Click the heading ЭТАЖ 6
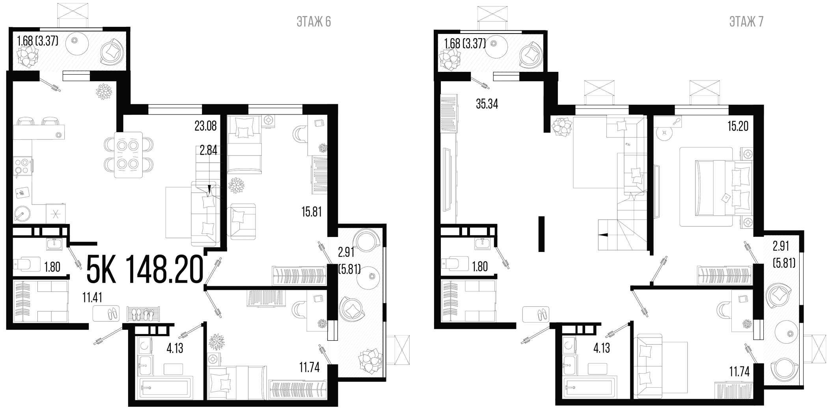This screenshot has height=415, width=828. point(313,22)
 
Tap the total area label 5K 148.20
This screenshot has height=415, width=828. point(145,270)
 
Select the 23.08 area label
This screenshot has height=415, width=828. point(205,126)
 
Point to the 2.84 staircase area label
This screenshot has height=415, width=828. point(208,150)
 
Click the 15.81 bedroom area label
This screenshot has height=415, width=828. point(311,212)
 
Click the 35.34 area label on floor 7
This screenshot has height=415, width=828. point(487,104)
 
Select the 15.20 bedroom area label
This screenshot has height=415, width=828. point(738,126)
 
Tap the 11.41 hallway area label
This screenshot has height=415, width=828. point(92,297)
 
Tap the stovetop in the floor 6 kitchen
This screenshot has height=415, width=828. point(22,167)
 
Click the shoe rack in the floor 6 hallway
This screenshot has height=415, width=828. point(143,315)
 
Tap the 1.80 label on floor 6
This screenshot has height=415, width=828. point(52,267)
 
